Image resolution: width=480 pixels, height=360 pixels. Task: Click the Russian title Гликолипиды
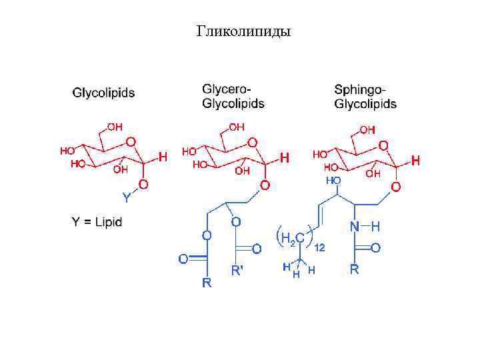[x=243, y=31]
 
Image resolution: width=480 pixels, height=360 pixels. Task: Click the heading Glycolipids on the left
[x=103, y=93]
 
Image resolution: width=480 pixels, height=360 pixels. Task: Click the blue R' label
[x=237, y=271]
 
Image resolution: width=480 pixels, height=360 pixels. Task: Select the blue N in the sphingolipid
[x=355, y=227]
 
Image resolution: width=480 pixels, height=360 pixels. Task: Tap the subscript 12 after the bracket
[x=320, y=247]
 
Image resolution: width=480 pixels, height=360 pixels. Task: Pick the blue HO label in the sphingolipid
[x=333, y=181]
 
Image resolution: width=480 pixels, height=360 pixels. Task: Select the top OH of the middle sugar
[x=236, y=127]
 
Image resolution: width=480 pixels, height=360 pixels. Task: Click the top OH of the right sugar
[x=367, y=129]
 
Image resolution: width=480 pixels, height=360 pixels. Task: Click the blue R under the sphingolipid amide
[x=355, y=270]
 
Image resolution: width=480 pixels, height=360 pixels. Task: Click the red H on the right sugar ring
[x=416, y=161]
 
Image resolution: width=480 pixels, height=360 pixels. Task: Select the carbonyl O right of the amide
[x=375, y=248]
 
